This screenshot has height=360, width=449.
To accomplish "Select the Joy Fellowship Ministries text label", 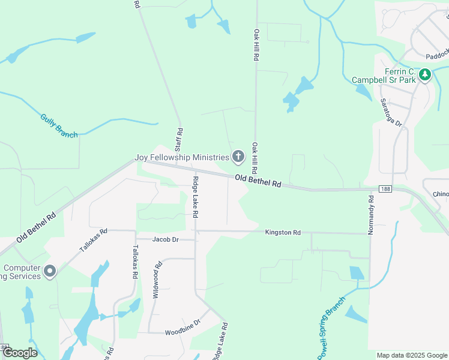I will pyautogui.click(x=181, y=158).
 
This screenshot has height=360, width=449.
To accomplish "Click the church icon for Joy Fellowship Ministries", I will pyautogui.click(x=238, y=157).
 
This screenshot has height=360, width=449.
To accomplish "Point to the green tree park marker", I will pyautogui.click(x=426, y=75).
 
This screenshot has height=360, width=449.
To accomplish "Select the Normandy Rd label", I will pyautogui.click(x=372, y=215).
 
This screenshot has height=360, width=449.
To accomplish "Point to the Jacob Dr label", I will pyautogui.click(x=166, y=239).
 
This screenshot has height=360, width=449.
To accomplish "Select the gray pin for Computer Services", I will pyautogui.click(x=50, y=272).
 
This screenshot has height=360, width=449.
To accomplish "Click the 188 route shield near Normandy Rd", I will pyautogui.click(x=385, y=188).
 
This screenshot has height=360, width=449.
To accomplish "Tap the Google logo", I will pyautogui.click(x=19, y=353).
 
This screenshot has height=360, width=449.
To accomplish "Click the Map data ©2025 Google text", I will pyautogui.click(x=411, y=355).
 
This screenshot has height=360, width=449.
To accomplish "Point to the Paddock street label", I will pyautogui.click(x=436, y=55).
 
